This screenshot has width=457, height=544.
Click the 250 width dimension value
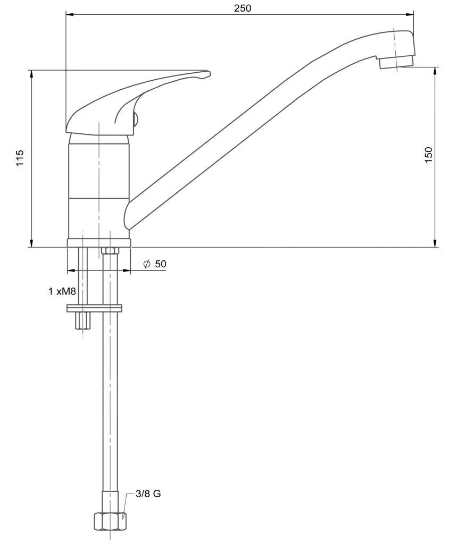pos(242,8)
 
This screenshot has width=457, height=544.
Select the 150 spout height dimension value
pos(429,155)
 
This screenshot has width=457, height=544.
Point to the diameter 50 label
pos(155,264)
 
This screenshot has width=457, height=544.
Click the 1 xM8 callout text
pos(62,291)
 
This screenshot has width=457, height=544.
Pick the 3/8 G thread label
pos(148,494)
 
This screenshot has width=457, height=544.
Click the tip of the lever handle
pos(210,72)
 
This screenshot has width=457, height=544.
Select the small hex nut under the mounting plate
pos(83,320)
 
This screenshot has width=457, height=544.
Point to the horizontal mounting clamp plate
pos(94,308)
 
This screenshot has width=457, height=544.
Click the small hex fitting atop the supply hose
pos(110,251)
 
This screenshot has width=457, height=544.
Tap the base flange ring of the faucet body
pos(99,243)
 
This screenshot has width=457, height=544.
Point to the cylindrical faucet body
pos(99,186)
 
